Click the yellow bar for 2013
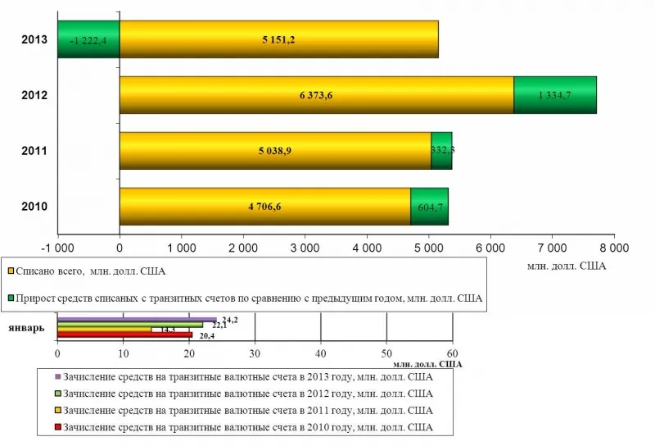click(x=278, y=39)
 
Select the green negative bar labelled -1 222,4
click(x=88, y=39)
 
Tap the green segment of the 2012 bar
click(x=554, y=95)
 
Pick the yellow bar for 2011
click(x=275, y=151)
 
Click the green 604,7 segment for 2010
click(x=429, y=207)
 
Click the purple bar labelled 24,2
click(x=137, y=320)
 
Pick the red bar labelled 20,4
click(x=124, y=334)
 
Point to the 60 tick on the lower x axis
click(x=451, y=353)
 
